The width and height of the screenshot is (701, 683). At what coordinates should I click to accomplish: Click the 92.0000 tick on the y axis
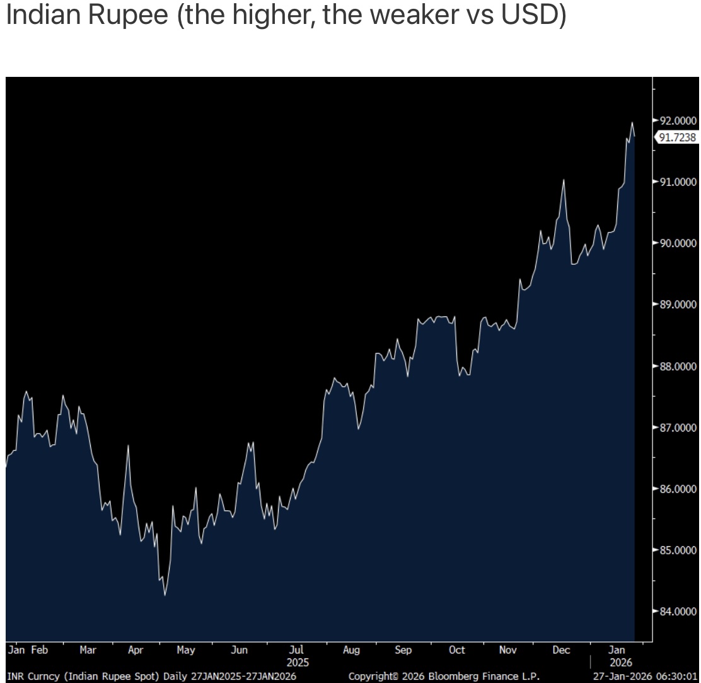point(678,120)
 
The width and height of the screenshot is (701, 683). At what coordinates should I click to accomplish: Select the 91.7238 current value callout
point(678,137)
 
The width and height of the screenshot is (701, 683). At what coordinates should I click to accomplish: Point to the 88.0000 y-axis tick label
point(678,366)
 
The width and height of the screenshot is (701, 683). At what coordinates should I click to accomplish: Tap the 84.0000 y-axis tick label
point(678,611)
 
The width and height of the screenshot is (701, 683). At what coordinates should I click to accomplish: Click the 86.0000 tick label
point(678,489)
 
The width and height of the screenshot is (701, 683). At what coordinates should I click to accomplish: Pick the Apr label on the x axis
point(136,650)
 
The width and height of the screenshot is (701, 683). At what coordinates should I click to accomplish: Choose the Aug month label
point(352,650)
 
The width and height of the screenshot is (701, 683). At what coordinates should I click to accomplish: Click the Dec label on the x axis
point(561,650)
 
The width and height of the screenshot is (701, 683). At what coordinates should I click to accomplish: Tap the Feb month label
point(39,650)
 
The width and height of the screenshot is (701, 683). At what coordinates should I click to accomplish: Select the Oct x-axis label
point(457,650)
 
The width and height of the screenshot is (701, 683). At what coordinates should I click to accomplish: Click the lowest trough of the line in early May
point(165,595)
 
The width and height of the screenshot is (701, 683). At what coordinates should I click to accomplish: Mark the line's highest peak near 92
point(632,122)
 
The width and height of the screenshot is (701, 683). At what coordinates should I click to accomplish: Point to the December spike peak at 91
point(564,180)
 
